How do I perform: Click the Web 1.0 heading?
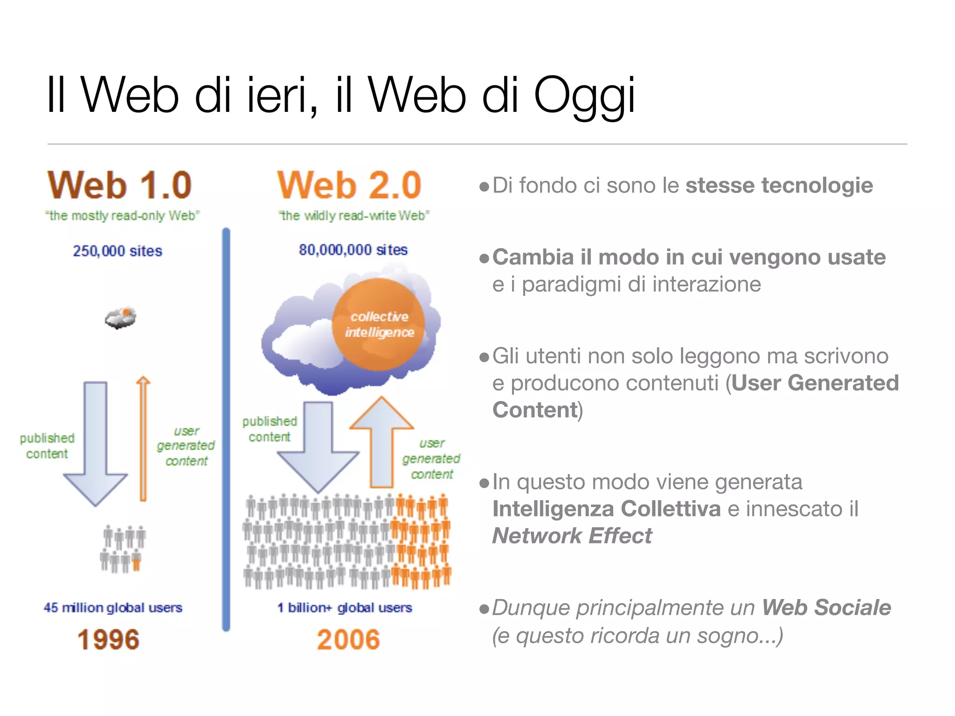tap(119, 186)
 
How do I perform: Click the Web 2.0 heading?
tap(349, 186)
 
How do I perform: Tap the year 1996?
tap(108, 639)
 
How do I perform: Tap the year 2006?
tap(348, 639)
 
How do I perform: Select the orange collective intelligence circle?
tap(379, 324)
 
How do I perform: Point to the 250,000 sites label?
tap(118, 251)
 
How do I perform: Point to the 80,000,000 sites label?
tap(353, 250)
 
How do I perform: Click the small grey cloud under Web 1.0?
tap(121, 318)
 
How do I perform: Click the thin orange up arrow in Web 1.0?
tap(143, 438)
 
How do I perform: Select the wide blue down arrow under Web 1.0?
tap(96, 443)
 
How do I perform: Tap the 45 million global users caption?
tap(113, 607)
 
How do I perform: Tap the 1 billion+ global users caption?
tap(345, 607)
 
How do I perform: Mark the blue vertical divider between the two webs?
tap(226, 429)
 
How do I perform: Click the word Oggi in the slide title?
tap(584, 96)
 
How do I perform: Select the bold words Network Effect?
tap(572, 536)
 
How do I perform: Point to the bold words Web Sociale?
tap(826, 607)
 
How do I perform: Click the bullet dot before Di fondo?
tap(484, 187)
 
